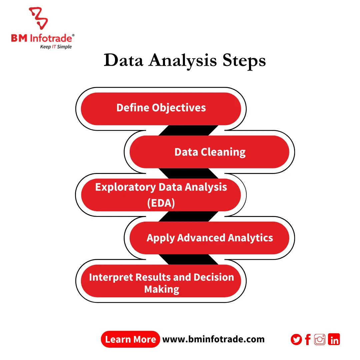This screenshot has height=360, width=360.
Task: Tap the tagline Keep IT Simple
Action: [x=56, y=47]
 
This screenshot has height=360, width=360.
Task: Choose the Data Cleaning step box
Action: [x=210, y=152]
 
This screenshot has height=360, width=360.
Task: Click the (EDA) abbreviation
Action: [x=161, y=203]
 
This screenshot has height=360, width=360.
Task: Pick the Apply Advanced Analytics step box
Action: [x=210, y=238]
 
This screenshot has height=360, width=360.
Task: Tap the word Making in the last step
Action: [x=162, y=289]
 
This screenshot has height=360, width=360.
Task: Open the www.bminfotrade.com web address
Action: [x=213, y=339]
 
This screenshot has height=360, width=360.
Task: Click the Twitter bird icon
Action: [x=296, y=340]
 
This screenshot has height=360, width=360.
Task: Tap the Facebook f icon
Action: [x=308, y=340]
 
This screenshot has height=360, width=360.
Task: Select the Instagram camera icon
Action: [x=320, y=339]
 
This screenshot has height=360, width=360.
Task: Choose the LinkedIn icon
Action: [x=334, y=339]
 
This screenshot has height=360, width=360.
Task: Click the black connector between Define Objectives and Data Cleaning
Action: [x=188, y=130]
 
